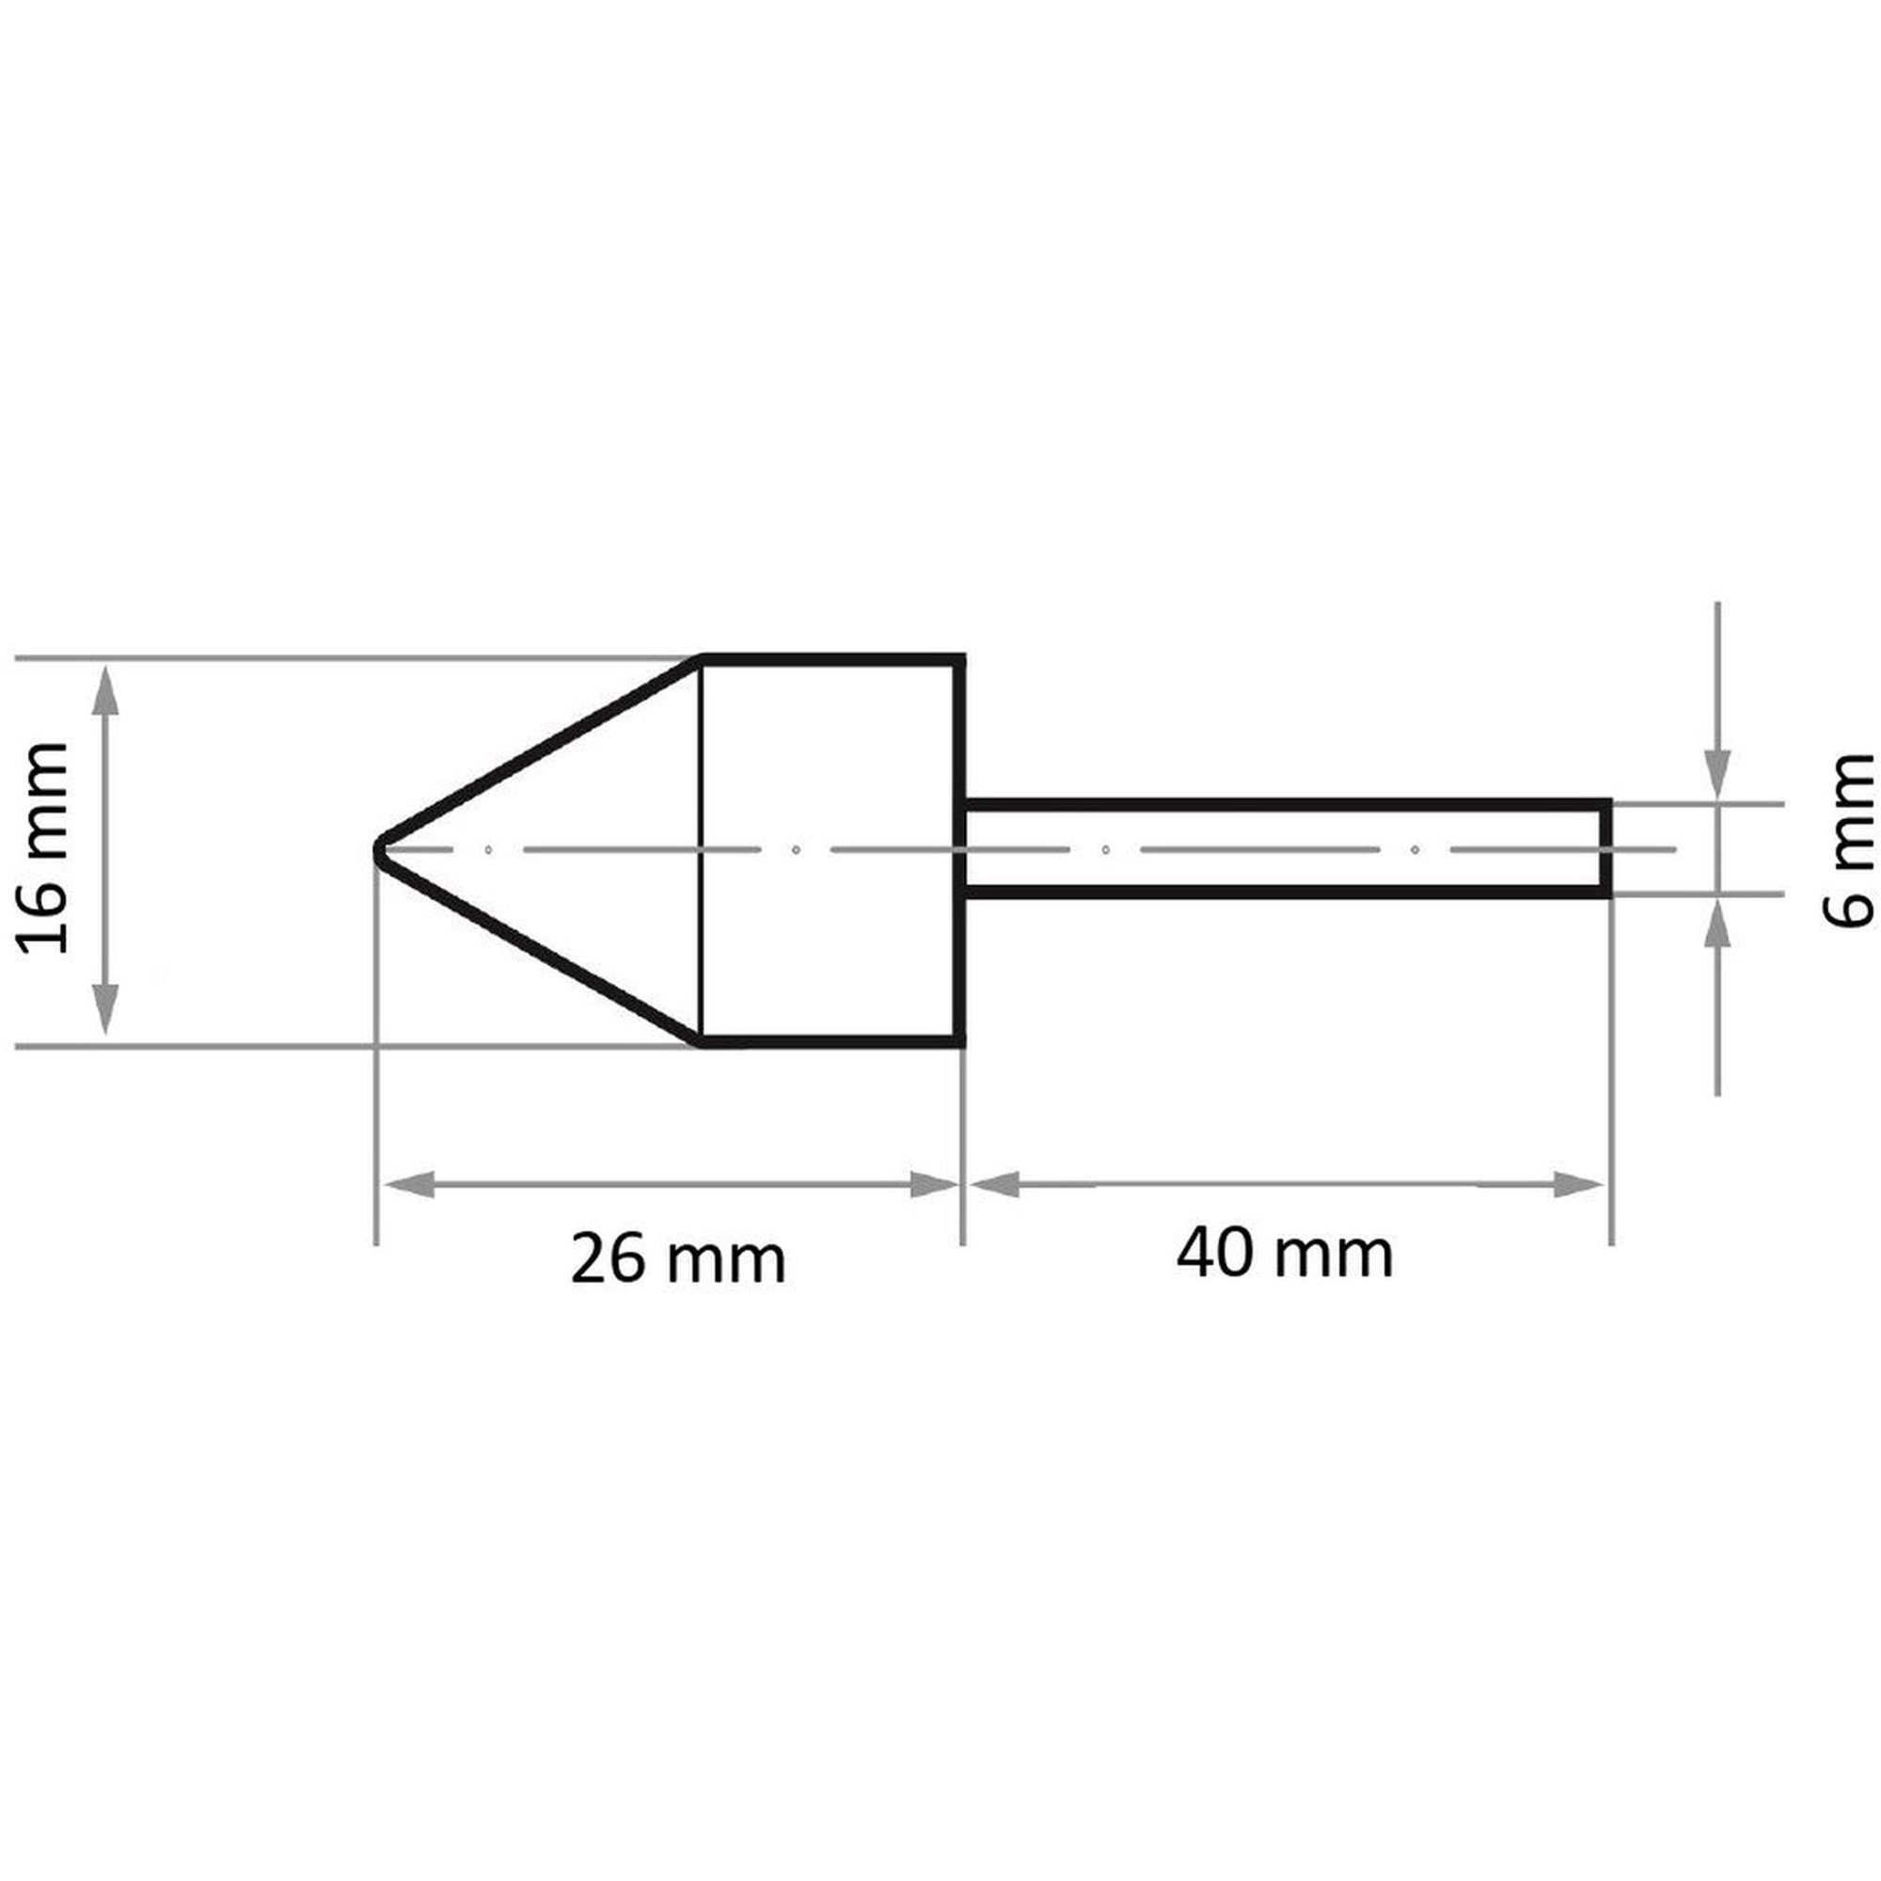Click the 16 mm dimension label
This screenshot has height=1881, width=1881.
(45, 848)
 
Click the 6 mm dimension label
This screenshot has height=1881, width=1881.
(1847, 839)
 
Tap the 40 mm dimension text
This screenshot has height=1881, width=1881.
(1284, 1253)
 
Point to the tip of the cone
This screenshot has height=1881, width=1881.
(375, 850)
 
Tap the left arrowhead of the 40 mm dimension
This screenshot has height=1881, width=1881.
(994, 1185)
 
